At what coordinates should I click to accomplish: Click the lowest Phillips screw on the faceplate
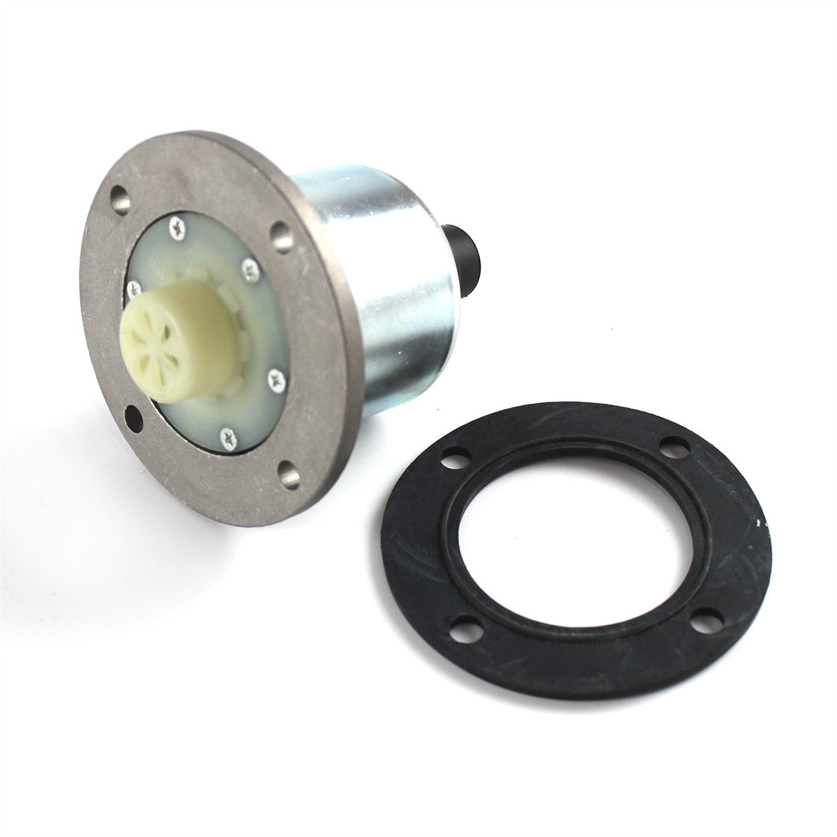tap(227, 438)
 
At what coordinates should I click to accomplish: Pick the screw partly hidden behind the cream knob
tap(132, 285)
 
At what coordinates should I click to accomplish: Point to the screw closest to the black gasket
tap(276, 378)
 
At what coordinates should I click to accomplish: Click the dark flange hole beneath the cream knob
tap(133, 419)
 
